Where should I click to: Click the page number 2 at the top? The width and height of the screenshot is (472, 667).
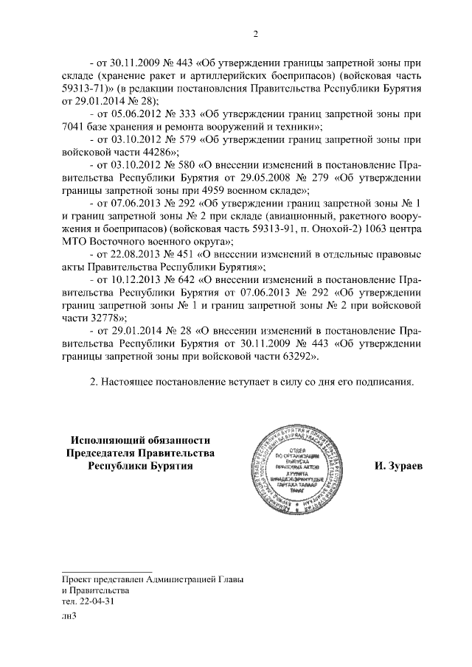pos(254,33)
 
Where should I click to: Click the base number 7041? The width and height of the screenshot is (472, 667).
pos(76,127)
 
